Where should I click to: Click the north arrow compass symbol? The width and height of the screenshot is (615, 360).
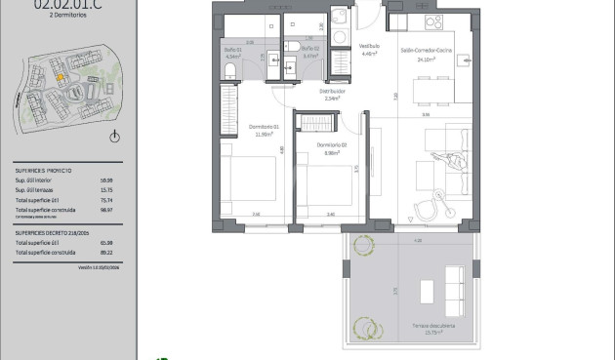click(115, 137)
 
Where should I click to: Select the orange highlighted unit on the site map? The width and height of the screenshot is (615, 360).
click(60, 78)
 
